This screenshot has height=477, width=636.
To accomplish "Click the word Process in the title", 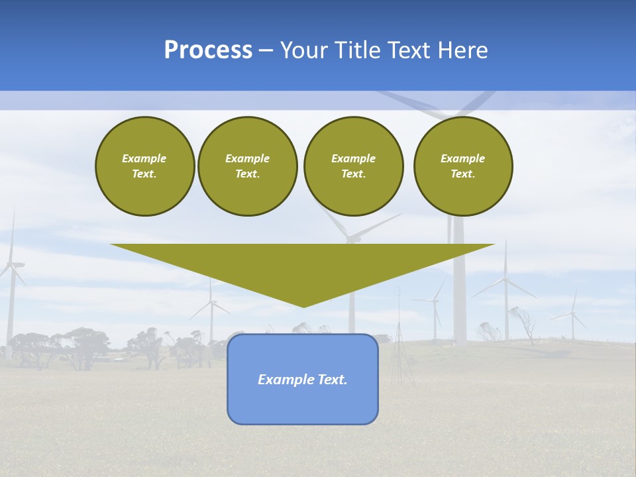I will click(208, 50).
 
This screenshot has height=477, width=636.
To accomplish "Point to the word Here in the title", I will click(464, 50).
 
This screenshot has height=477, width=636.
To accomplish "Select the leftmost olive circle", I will click(144, 166).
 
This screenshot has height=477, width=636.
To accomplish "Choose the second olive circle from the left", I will click(247, 166).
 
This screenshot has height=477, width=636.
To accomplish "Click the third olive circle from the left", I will click(353, 166).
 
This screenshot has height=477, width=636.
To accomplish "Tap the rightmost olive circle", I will click(463, 166).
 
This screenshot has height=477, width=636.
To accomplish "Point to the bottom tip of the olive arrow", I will click(303, 307).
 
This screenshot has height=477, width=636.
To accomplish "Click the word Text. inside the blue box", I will click(331, 380).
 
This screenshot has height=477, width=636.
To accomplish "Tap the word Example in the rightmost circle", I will click(462, 158).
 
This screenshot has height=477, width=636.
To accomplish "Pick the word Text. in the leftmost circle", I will click(144, 174).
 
